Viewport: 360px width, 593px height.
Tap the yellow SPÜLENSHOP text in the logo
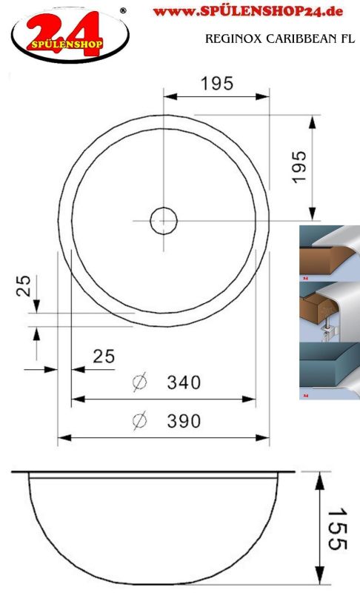coord(67,44)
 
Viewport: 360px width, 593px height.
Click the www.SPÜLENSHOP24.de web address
coord(248,11)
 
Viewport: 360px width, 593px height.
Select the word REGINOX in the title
coord(233,39)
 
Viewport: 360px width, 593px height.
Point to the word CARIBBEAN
coord(301,39)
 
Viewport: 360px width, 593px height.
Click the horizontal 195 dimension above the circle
coord(217,84)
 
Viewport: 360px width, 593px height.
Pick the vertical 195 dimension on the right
coord(299,167)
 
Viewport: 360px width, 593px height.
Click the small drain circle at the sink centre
coord(164,220)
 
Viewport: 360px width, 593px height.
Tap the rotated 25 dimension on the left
coord(24,285)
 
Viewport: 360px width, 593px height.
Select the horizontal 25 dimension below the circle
coord(104,357)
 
